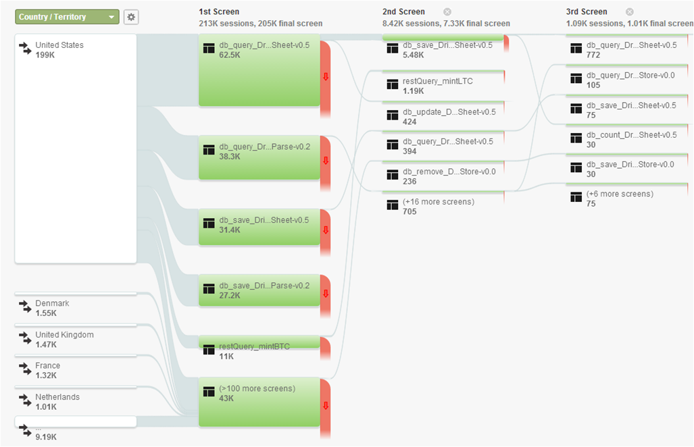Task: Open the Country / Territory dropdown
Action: coord(67,17)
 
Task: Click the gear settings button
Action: coord(131,17)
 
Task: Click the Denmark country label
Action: coord(52,304)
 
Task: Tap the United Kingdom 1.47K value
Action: coord(46,344)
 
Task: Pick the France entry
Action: coord(47,366)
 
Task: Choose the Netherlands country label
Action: coord(57,397)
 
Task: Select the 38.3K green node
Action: coord(259,157)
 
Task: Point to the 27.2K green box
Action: coord(259,290)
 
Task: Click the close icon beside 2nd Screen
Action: coord(447,11)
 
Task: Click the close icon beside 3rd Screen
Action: coord(629,11)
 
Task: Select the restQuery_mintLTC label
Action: coord(438,82)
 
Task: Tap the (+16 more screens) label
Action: coord(439,202)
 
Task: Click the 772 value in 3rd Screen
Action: coord(593,55)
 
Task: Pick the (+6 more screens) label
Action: coord(620,194)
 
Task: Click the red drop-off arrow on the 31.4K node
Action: coord(325,230)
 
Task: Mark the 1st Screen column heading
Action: coord(219,11)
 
